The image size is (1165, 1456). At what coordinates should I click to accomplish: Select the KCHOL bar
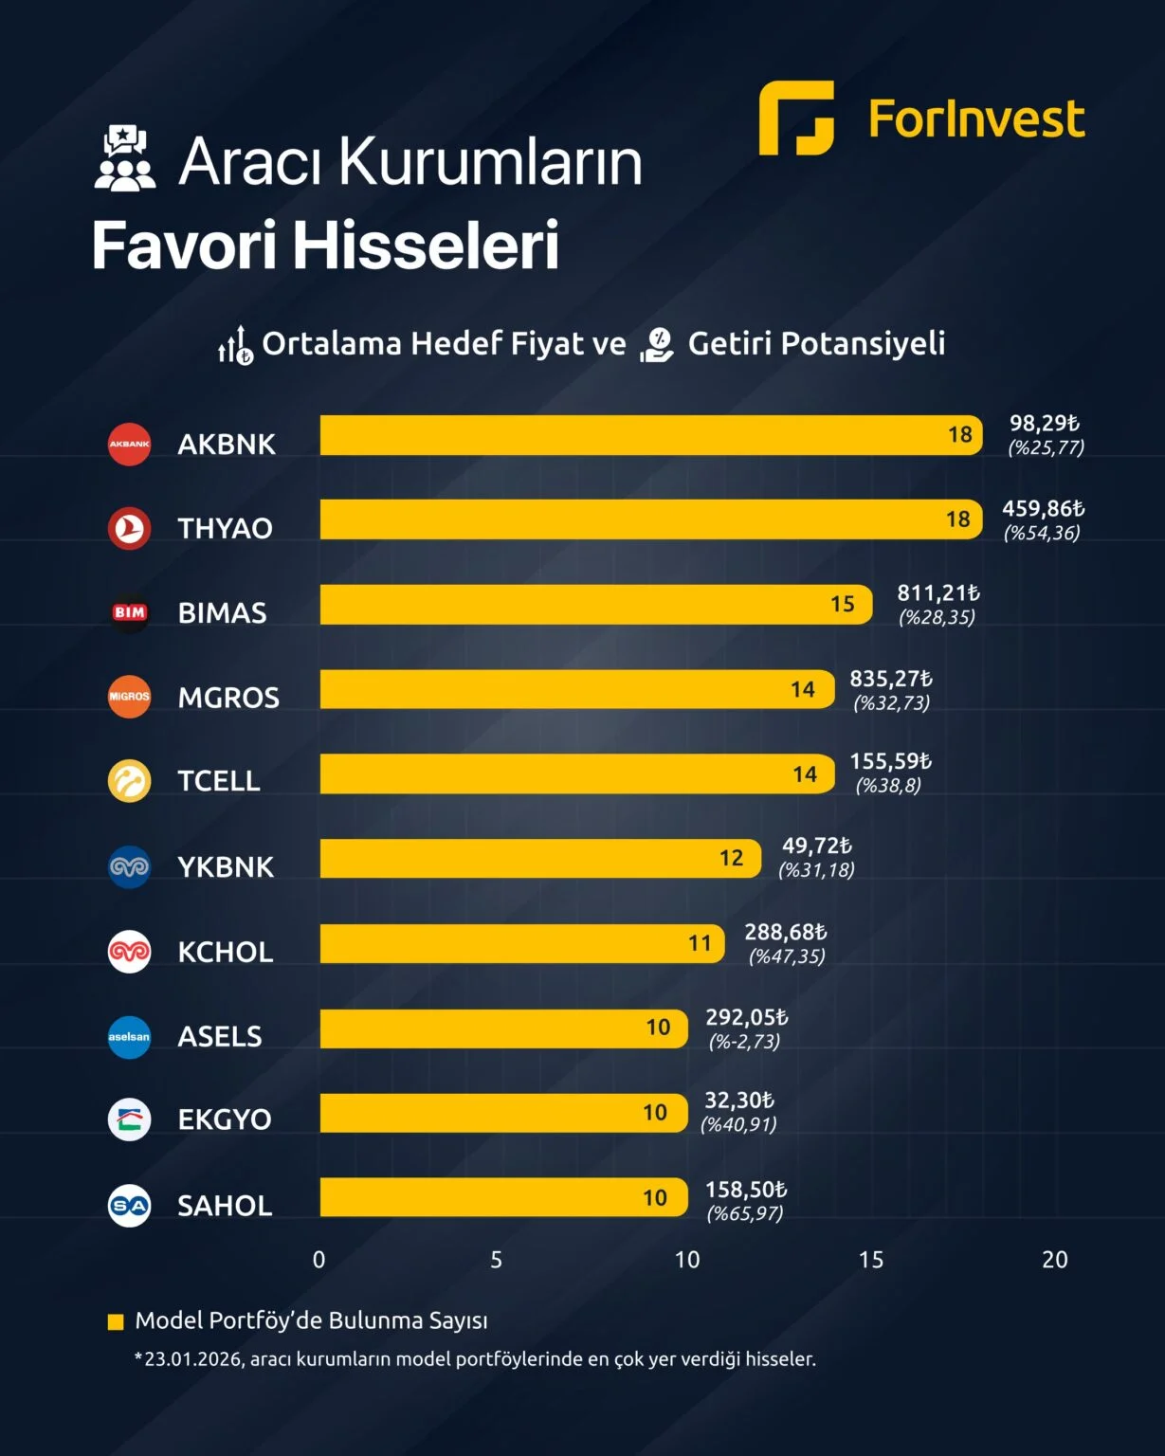click(x=521, y=943)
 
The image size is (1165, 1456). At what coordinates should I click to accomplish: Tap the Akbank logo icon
click(x=130, y=444)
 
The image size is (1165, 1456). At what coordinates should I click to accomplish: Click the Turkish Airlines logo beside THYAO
click(x=130, y=528)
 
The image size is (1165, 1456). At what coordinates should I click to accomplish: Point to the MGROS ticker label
click(x=228, y=698)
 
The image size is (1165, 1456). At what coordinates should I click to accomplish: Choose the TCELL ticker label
click(x=219, y=781)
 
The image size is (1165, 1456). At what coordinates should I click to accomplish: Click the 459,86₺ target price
click(x=1043, y=509)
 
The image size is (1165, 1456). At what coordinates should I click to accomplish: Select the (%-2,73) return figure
click(x=744, y=1042)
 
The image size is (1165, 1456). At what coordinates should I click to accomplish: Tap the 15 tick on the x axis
click(x=870, y=1260)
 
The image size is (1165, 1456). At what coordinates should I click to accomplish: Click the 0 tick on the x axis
click(x=319, y=1260)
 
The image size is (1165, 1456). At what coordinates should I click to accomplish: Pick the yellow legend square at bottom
click(x=116, y=1321)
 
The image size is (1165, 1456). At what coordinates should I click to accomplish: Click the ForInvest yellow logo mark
click(x=796, y=118)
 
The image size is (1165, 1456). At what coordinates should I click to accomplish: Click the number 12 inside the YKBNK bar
click(x=731, y=858)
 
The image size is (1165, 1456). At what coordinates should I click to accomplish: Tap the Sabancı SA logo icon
click(x=130, y=1206)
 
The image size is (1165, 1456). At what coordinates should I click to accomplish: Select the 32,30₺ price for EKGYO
click(x=739, y=1101)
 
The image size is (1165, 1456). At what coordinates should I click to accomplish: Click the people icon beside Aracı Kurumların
click(x=124, y=158)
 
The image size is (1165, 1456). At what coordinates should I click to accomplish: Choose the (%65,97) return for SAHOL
click(x=745, y=1213)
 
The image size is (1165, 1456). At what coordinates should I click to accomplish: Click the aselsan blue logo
click(x=130, y=1036)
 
